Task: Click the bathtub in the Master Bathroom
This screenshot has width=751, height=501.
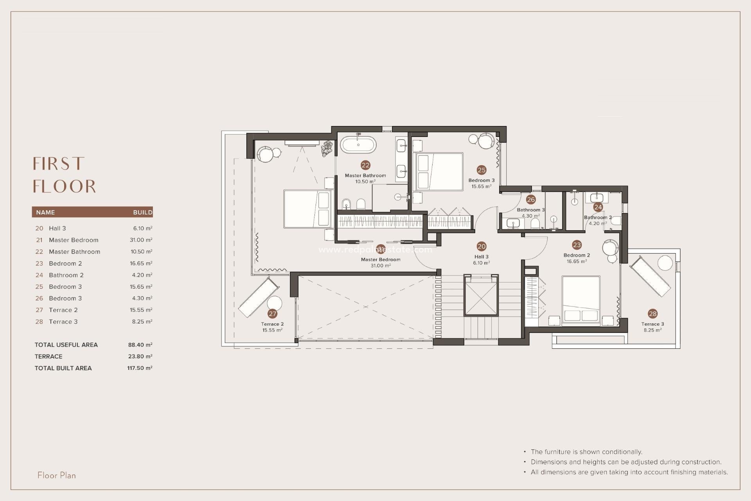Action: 358,145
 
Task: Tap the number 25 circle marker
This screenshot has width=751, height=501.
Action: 482,170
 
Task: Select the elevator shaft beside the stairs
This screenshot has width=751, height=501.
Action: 481,295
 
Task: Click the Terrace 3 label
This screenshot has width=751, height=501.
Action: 652,324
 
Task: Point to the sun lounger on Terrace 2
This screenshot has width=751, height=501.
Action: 258,297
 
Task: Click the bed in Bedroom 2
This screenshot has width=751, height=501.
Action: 581,301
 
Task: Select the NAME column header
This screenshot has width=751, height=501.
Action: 45,213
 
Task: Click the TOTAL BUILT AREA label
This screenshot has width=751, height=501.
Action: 63,368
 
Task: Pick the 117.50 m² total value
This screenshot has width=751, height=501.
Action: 140,368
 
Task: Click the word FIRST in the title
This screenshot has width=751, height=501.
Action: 59,164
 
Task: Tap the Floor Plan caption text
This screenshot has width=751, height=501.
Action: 57,476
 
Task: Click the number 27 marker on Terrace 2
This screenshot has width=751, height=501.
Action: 273,314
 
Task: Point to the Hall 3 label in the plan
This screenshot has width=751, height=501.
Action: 481,257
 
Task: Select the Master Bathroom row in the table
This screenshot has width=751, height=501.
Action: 74,252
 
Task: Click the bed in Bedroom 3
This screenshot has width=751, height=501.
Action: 438,171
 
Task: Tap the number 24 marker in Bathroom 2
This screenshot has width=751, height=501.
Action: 598,207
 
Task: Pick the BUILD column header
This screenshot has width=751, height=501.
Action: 142,213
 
